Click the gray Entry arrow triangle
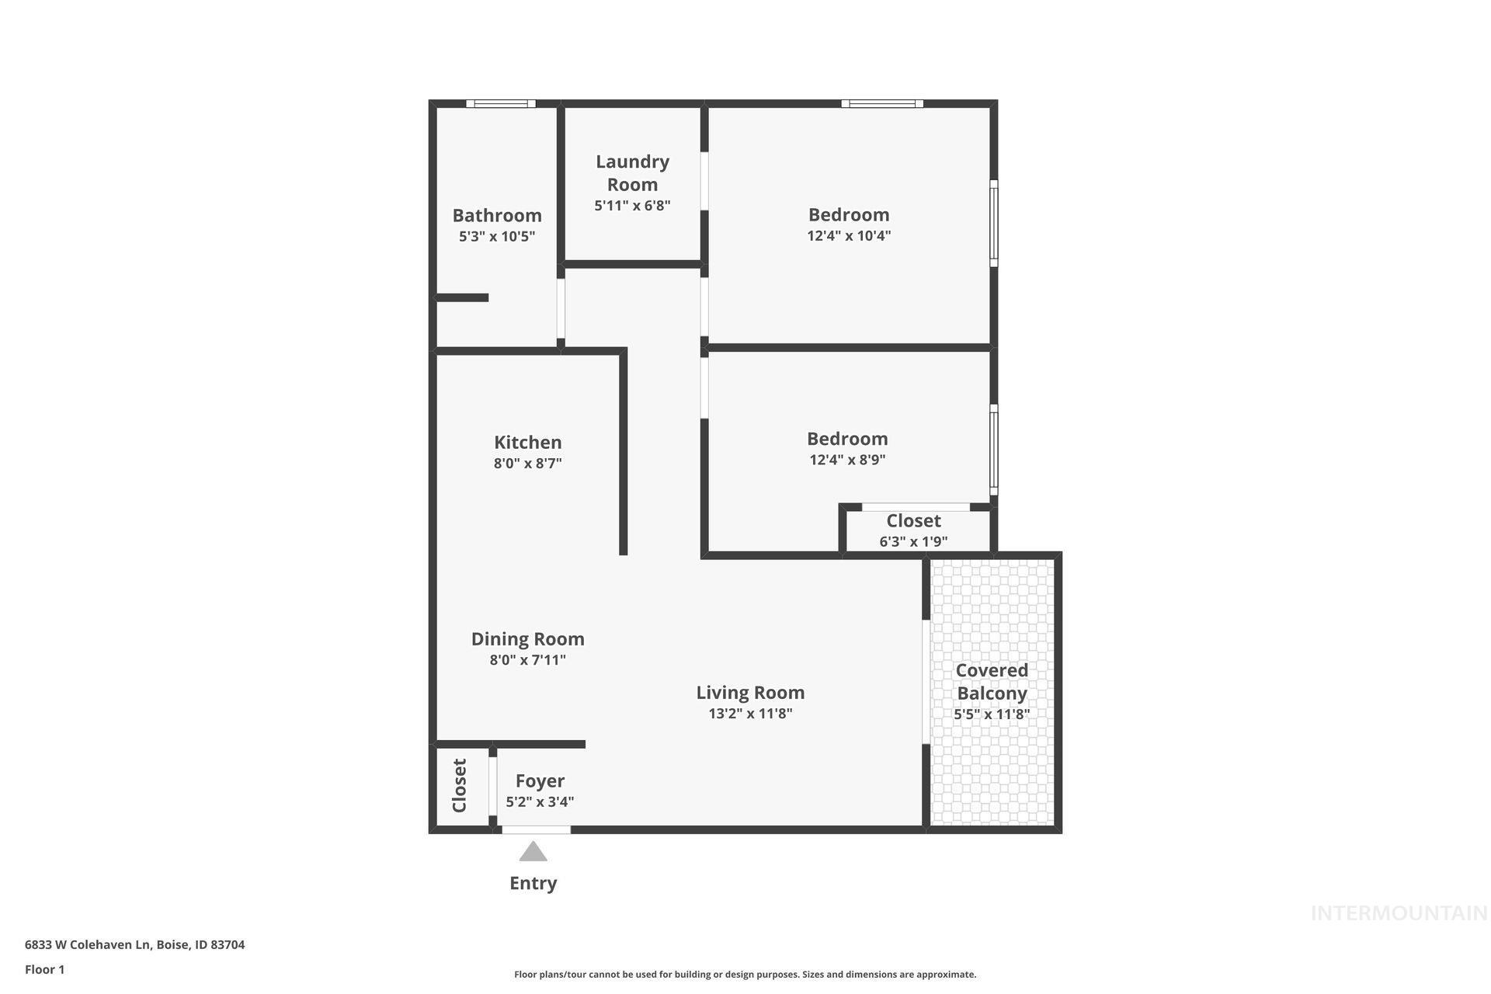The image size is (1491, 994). coord(533,853)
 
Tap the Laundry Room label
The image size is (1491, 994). coord(632,172)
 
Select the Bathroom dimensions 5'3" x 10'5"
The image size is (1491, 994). coord(497,236)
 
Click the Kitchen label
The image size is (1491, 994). coord(527,442)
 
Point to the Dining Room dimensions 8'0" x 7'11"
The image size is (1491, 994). coord(527,660)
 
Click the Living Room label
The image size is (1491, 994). coord(750,692)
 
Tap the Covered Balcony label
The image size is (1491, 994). coord(992,681)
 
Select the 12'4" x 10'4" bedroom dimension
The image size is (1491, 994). coord(849,235)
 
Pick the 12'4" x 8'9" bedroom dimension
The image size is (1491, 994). coord(847,459)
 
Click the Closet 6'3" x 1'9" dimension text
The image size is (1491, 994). coord(913,541)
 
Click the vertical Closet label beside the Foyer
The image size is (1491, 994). coord(459,785)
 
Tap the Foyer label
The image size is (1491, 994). coord(540,780)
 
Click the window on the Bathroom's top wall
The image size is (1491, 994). coord(501,103)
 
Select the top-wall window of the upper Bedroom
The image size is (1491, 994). coord(882,103)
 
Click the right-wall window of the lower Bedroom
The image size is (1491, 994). coord(993,450)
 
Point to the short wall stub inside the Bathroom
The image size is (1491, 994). coord(462,297)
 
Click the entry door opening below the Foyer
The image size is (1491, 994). coord(536,829)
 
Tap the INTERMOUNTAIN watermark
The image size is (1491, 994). coord(1399,913)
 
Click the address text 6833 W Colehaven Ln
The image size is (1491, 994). coord(134,944)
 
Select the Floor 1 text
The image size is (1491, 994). coord(45,969)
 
